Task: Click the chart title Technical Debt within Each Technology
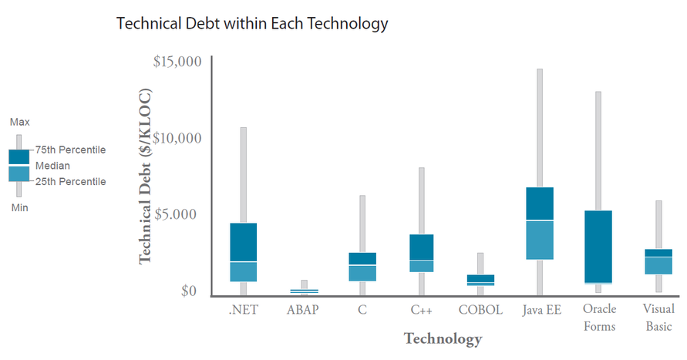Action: tap(251, 24)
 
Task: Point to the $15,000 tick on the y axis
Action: tap(177, 61)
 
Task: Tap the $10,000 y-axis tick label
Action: tap(177, 138)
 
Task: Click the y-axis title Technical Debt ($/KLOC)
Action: tap(145, 177)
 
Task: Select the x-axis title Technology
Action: tap(443, 338)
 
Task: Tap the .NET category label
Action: tap(244, 310)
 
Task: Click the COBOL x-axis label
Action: tap(480, 310)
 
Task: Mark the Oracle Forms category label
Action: tap(599, 317)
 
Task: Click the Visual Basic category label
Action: tap(658, 317)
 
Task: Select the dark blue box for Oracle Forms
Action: tap(599, 246)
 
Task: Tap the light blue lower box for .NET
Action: tap(244, 271)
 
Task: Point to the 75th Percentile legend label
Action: tap(71, 150)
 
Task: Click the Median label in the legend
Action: tap(52, 166)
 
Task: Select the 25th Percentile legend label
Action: tap(71, 181)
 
